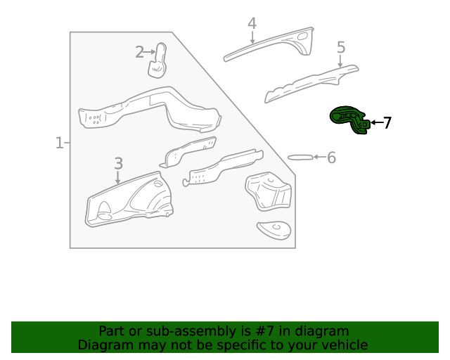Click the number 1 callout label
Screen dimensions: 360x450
coord(59,143)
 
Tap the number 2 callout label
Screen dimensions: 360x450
coord(139,51)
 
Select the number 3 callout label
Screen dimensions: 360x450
coord(118,163)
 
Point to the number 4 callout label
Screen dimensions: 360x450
coord(252,25)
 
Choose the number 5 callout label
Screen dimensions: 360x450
coord(341,47)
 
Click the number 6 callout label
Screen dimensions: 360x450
coord(331,157)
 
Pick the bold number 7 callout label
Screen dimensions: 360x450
coord(387,123)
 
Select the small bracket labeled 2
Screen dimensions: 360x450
coord(158,60)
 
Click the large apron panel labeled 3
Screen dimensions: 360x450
coord(127,200)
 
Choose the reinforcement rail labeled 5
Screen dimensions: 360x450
coord(309,84)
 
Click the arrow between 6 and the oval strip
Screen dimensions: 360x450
coord(318,157)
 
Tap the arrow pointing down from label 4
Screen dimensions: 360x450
coord(252,37)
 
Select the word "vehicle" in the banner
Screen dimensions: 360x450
coord(344,345)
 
